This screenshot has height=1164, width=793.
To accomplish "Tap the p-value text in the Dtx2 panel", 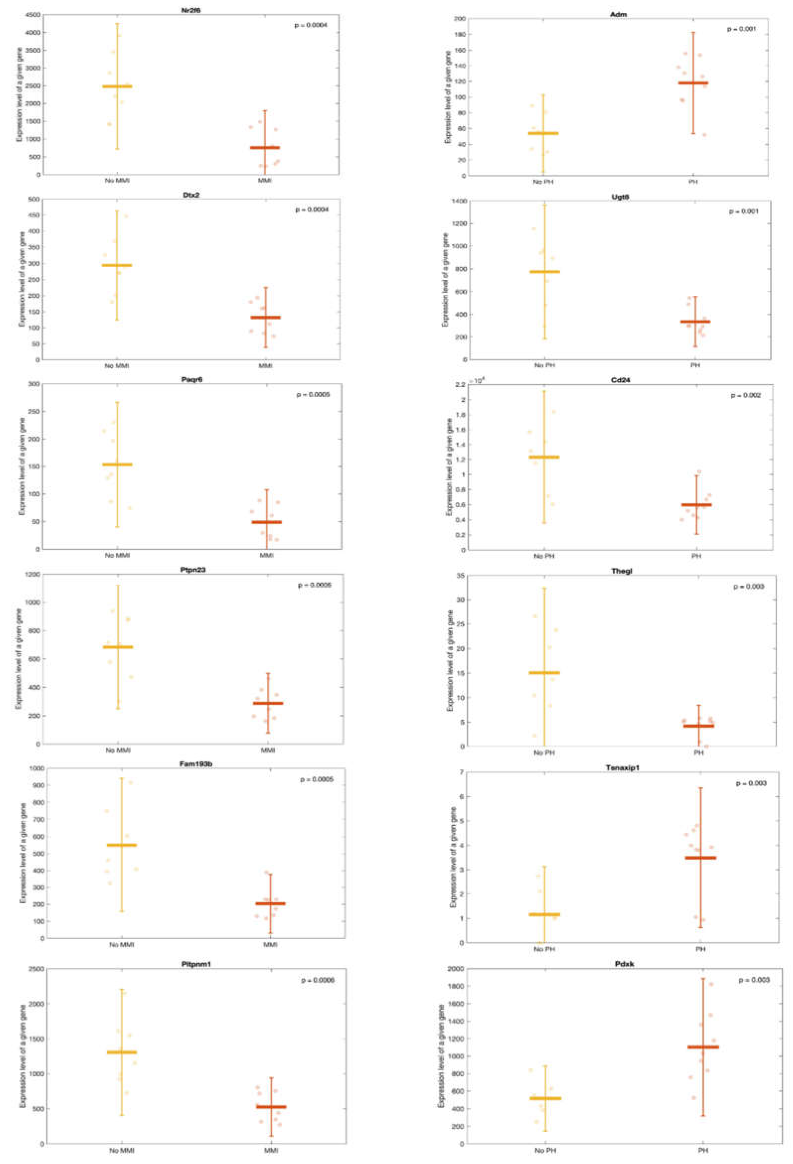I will coord(312,209).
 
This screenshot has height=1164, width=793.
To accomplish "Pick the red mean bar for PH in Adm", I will coord(693,83).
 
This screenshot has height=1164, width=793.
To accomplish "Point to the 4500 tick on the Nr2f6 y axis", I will coord(34,15).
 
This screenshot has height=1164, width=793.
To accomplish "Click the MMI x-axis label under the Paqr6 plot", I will coord(266,555).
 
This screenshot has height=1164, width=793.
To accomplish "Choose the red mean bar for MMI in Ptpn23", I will coord(268,703).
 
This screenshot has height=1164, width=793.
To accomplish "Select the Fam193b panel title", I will coord(195,764).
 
